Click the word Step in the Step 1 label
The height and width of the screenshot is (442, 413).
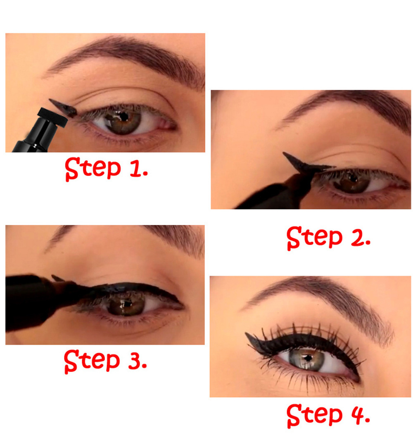click(93, 169)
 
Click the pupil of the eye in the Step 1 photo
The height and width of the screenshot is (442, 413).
click(123, 116)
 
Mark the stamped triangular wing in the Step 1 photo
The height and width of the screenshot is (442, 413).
click(63, 108)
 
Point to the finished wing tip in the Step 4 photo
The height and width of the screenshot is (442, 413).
click(246, 334)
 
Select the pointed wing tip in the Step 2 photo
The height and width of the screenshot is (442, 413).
click(284, 153)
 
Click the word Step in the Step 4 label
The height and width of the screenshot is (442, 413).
click(314, 415)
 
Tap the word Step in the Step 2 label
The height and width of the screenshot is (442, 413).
click(314, 238)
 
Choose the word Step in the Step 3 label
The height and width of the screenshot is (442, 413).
click(92, 361)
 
